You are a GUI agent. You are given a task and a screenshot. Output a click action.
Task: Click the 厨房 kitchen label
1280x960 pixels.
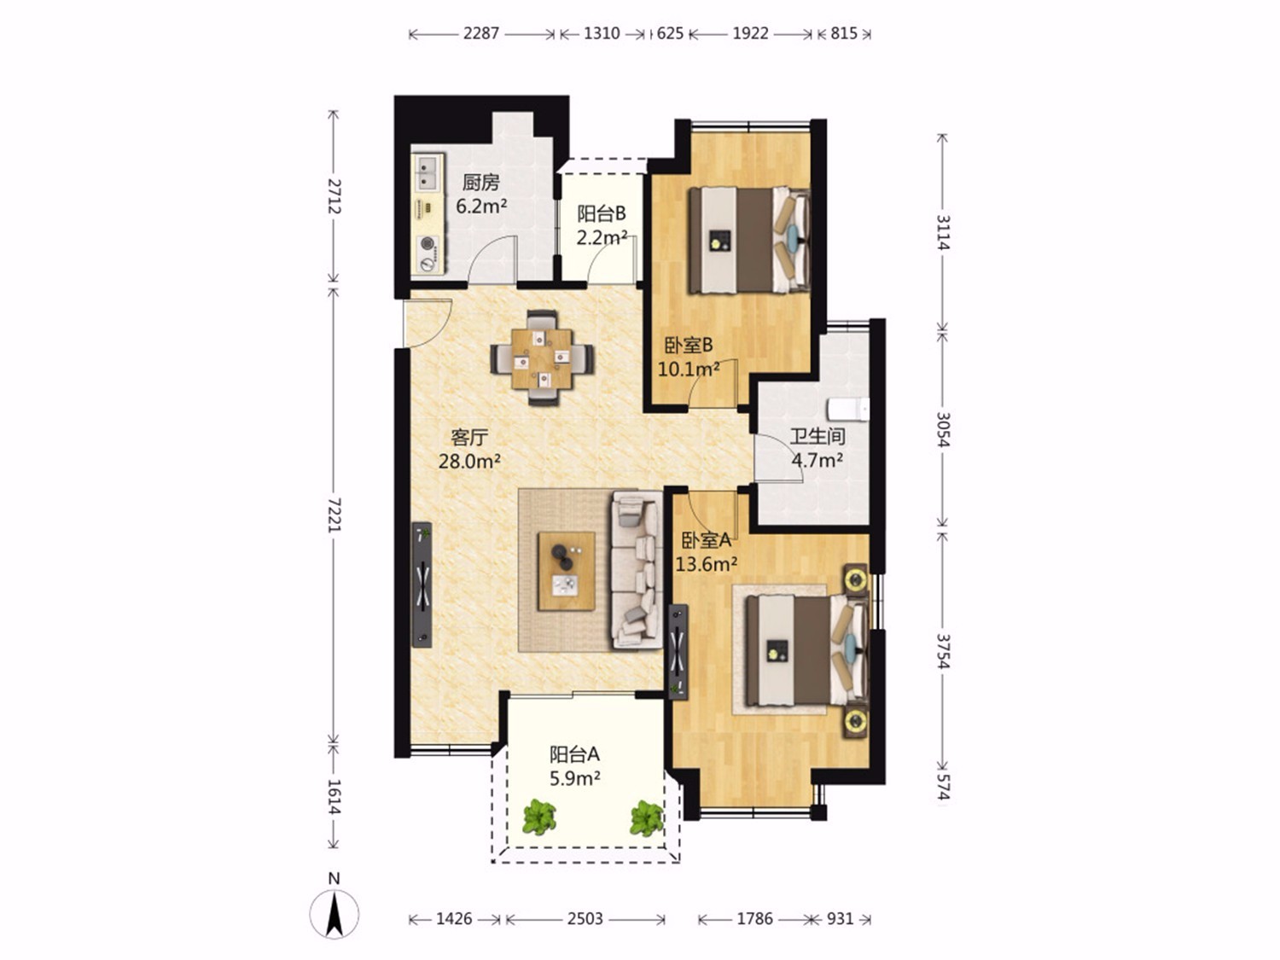[x=481, y=183]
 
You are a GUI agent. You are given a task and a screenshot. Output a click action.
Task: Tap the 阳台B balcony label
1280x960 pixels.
[x=602, y=214]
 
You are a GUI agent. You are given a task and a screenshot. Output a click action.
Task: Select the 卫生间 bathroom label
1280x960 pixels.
[x=817, y=436]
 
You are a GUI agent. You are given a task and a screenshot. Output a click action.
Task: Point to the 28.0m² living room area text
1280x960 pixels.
[x=469, y=462]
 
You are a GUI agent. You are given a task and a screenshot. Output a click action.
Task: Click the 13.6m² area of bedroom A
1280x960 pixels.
[x=707, y=564]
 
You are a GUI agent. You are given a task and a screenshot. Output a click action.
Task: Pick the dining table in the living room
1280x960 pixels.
[x=542, y=358]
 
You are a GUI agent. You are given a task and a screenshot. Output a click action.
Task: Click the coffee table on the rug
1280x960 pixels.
[x=567, y=571]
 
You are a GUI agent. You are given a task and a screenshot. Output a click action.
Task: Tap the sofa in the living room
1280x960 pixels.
[x=637, y=569]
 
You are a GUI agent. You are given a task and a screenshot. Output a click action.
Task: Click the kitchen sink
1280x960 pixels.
[x=428, y=173]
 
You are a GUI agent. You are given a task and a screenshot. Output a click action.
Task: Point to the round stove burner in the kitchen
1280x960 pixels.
[x=428, y=243]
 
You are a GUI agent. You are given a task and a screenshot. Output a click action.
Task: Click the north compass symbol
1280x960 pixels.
[x=335, y=914]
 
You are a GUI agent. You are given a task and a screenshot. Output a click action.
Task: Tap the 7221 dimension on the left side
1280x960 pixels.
[x=334, y=515]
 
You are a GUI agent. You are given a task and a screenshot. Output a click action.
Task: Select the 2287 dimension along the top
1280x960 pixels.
[x=481, y=33]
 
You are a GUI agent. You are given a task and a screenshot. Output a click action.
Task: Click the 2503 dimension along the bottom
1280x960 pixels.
[x=585, y=919]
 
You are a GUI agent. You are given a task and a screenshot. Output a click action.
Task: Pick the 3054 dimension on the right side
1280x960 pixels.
[x=943, y=429]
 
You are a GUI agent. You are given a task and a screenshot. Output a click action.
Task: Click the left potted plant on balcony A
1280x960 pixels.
[x=538, y=817]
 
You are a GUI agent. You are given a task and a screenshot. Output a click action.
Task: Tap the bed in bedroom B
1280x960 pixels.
[x=749, y=240]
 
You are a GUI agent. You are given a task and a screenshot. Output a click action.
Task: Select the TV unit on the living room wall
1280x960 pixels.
[x=422, y=585]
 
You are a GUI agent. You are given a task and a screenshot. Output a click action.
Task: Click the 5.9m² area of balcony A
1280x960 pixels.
[x=575, y=778]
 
